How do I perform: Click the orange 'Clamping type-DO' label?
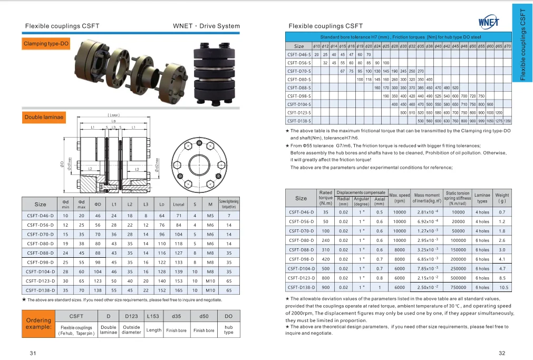[46, 44]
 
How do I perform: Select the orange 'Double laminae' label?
[44, 117]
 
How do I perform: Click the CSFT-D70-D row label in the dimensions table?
[41, 234]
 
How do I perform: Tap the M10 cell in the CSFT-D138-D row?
[210, 290]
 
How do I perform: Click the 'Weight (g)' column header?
[502, 198]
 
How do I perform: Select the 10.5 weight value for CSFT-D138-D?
[503, 287]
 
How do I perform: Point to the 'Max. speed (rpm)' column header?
[400, 198]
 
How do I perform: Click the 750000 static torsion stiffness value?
[458, 287]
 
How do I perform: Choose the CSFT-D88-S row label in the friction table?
[299, 87]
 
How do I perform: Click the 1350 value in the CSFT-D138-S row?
[507, 121]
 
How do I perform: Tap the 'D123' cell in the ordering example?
[131, 316]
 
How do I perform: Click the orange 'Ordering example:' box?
[38, 323]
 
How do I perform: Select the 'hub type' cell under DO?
[228, 329]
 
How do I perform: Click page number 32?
[501, 353]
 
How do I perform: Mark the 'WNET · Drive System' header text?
[206, 26]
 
